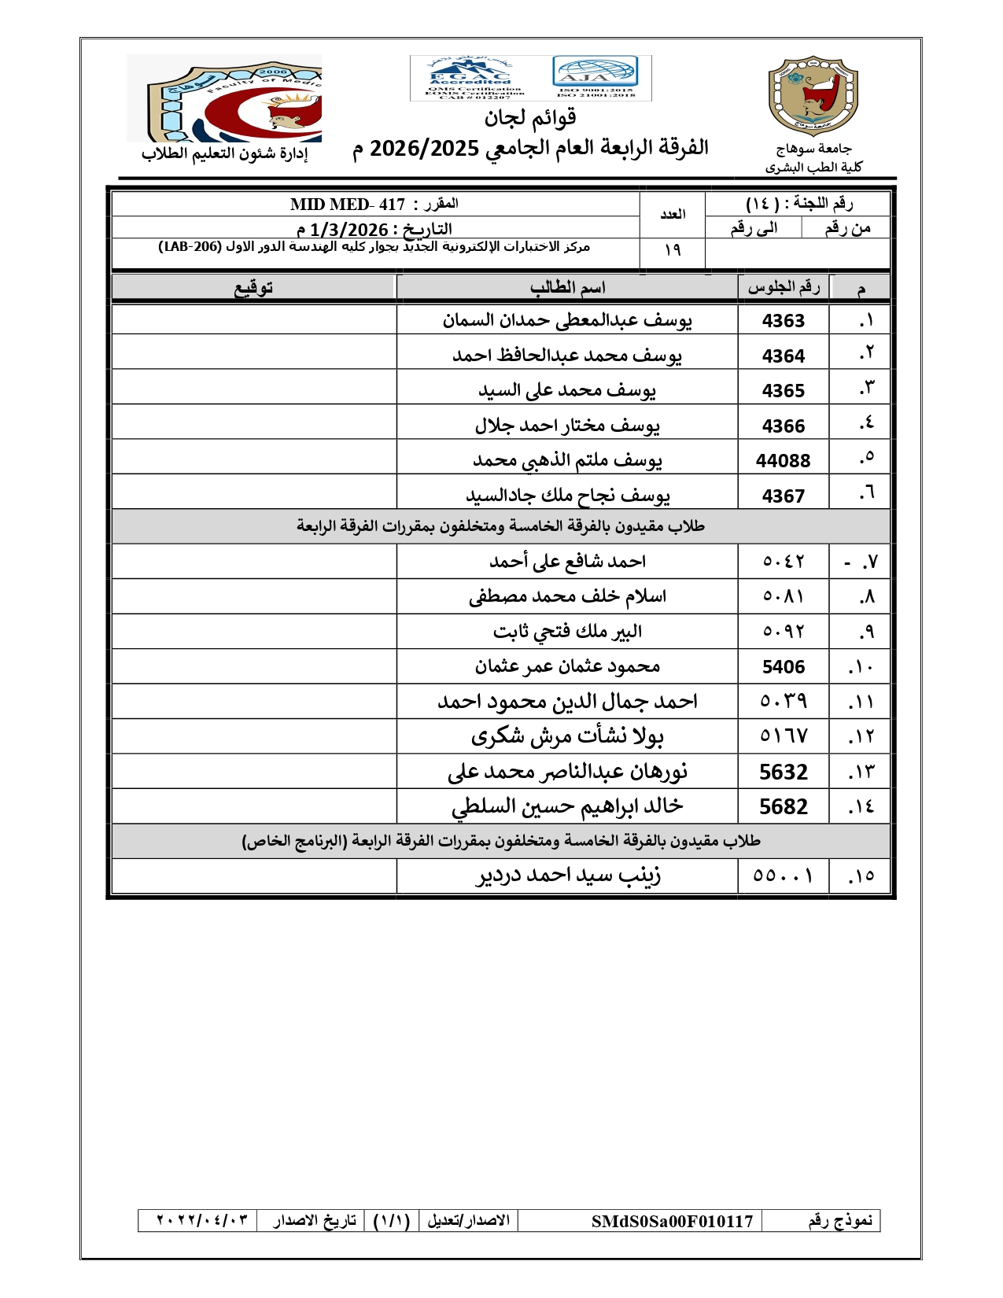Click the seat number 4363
(x=783, y=321)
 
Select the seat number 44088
(x=783, y=461)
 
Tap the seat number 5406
(x=783, y=667)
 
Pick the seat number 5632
(x=783, y=772)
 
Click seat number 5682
(x=783, y=807)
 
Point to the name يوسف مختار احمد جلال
(x=567, y=426)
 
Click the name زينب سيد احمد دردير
(x=568, y=876)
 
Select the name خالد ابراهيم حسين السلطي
(x=567, y=806)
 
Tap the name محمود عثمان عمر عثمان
(x=567, y=667)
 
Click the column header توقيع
(x=253, y=288)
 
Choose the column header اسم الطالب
(x=567, y=288)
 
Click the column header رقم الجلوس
(x=783, y=288)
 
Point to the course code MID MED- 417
(x=347, y=205)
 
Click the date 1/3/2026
(x=348, y=230)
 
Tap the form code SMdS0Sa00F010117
(x=672, y=1221)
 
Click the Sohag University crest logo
(x=813, y=96)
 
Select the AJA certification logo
(x=595, y=76)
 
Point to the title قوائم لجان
(x=530, y=118)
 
